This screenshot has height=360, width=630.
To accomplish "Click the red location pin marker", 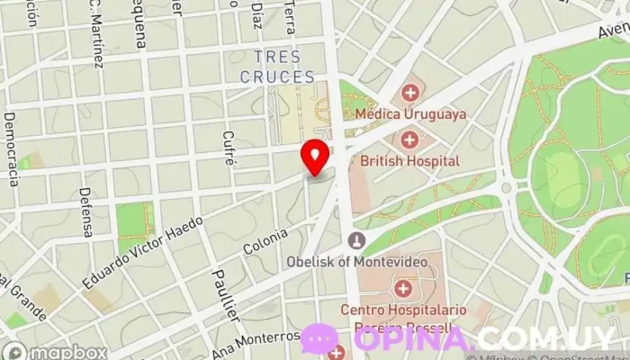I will [x=315, y=157].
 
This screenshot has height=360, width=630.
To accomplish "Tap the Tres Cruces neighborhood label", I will [x=277, y=67].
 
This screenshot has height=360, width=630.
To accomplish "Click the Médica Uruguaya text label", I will [x=410, y=114].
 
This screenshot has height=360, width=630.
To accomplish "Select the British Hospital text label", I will [x=409, y=162].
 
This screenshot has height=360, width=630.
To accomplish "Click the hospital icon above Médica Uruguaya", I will [x=410, y=92].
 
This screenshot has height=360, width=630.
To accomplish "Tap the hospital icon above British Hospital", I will [x=409, y=139].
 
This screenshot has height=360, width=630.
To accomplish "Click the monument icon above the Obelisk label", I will [x=357, y=240].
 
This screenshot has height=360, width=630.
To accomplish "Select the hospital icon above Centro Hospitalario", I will [x=402, y=289].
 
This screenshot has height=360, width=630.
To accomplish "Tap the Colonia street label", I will [x=265, y=241].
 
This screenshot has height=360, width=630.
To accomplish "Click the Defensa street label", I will [x=85, y=212].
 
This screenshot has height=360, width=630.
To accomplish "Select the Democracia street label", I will [x=12, y=149].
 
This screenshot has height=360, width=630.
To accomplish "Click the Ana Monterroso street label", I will [x=256, y=343].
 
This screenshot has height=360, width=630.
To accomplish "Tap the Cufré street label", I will [x=229, y=149].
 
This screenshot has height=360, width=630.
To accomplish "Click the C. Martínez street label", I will [x=95, y=40].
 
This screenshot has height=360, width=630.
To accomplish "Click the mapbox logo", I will [x=56, y=352].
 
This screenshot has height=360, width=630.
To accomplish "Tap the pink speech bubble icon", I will [x=319, y=339].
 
